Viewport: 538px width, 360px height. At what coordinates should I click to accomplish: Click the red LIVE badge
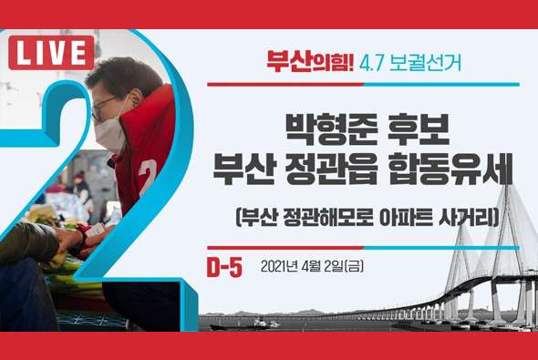coord(51,54)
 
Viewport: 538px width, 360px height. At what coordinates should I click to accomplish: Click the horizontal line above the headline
coord(363,85)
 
